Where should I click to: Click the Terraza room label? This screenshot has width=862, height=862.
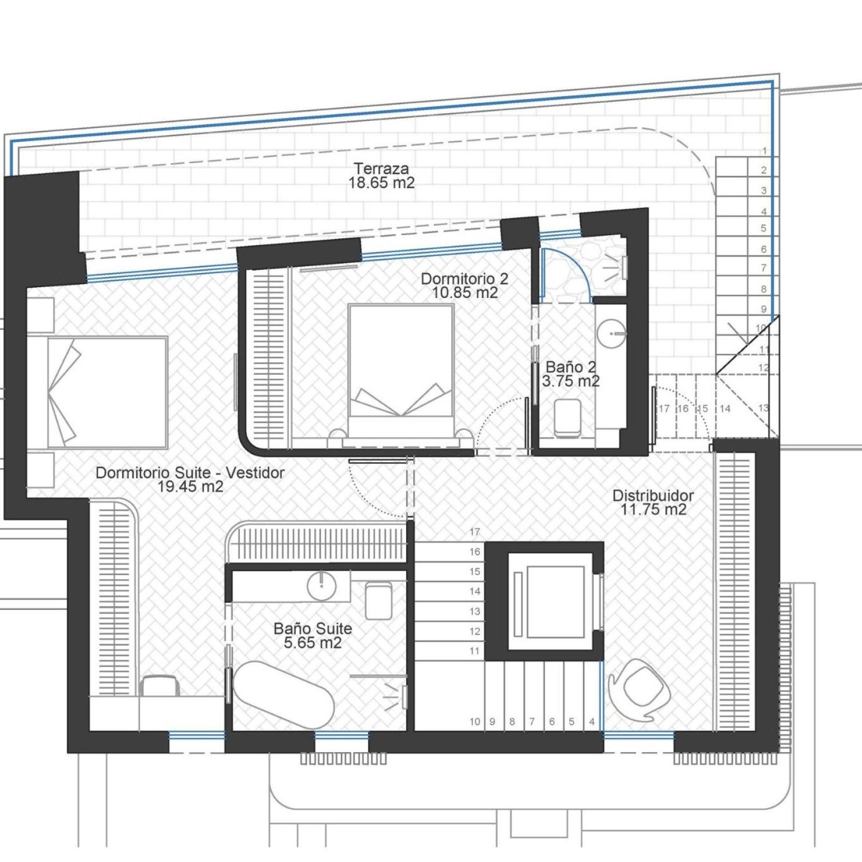(381, 168)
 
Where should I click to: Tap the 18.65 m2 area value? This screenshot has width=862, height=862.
(381, 183)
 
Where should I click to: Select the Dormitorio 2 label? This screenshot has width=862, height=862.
(464, 279)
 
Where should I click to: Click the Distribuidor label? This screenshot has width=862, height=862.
(653, 495)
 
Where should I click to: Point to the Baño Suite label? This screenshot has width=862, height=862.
(312, 628)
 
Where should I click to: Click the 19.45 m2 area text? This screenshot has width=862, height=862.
(190, 486)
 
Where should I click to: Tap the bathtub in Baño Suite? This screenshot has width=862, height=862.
(283, 695)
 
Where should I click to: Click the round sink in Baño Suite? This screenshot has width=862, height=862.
(322, 586)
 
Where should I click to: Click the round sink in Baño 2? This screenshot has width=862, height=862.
(613, 334)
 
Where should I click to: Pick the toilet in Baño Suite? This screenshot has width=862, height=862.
(379, 600)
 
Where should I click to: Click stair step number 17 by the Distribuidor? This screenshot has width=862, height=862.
(475, 532)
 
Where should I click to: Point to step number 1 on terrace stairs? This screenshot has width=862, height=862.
(764, 151)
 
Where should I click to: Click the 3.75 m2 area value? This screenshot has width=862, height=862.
(571, 381)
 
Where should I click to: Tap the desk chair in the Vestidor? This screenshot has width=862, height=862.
(159, 685)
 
